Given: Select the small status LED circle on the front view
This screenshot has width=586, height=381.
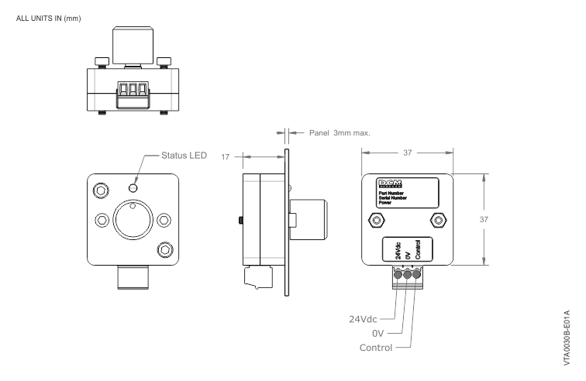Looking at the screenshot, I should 133,188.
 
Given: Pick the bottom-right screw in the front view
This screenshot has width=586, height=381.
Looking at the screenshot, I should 164,249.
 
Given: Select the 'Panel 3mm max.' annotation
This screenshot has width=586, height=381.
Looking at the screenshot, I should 340,132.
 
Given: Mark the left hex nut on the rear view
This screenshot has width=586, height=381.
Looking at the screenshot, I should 376,220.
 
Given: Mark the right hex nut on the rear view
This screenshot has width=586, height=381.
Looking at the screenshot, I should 439,220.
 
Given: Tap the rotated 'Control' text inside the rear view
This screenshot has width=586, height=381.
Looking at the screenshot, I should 418,249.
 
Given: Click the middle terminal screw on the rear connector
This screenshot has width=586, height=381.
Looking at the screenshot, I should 408,274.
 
